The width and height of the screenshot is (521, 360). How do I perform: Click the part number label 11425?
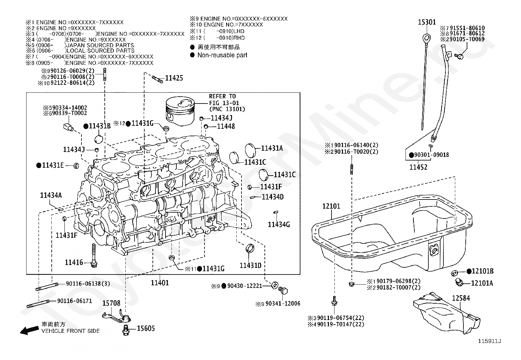pos(174,78)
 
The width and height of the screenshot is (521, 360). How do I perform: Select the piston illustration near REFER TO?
pos(180,111)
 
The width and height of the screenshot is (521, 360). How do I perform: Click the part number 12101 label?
pos(331,206)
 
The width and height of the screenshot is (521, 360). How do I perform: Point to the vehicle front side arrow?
pos(29,330)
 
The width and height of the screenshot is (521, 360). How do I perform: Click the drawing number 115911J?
pos(489,341)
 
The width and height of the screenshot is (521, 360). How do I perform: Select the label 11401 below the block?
pos(160,283)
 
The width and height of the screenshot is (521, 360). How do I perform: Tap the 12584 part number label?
pos(461,298)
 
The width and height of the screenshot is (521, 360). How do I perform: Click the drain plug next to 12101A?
pos(459,282)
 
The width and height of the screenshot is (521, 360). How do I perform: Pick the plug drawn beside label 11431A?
pos(250,151)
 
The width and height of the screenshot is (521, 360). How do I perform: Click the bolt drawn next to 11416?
pos(94,256)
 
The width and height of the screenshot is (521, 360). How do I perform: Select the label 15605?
pos(146,328)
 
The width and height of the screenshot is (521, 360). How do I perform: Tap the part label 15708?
pos(111,303)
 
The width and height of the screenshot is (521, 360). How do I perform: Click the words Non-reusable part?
pos(222,55)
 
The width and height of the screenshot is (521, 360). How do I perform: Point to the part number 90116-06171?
pos(75,301)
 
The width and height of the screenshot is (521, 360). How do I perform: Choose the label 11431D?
pos(250,265)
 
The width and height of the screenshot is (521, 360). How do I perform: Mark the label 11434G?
pos(279,224)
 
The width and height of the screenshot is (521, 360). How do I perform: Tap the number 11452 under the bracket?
pos(418,167)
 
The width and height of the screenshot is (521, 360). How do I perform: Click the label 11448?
pos(226,126)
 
